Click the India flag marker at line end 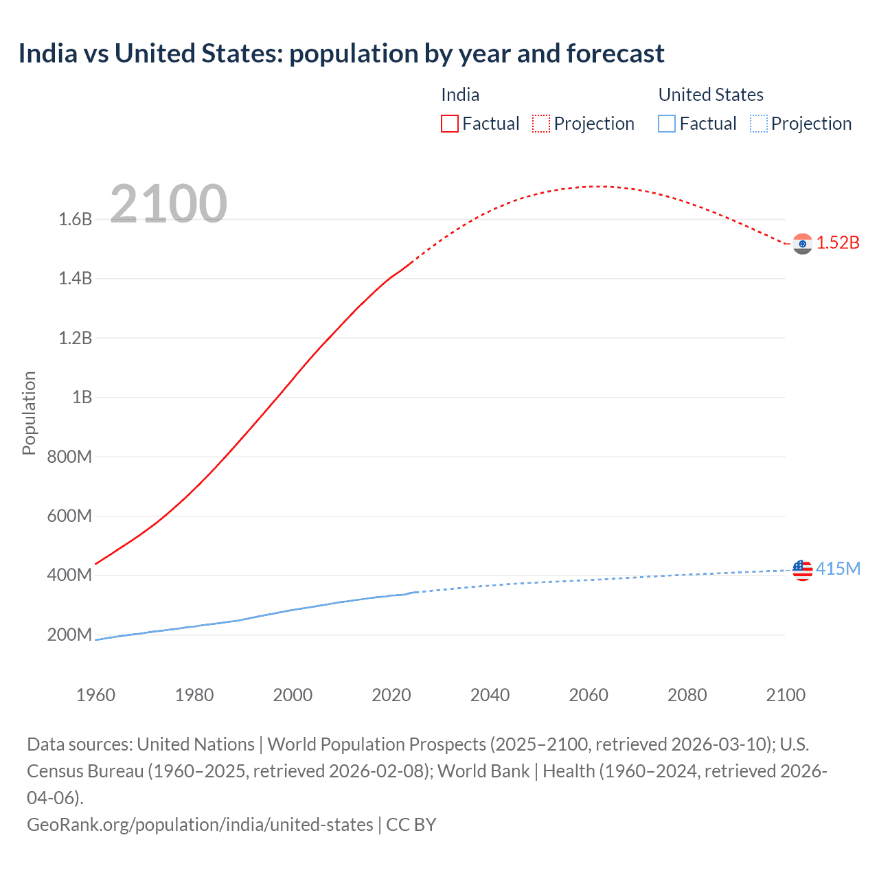[x=802, y=244]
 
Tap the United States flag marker [x=802, y=570]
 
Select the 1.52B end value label [x=838, y=243]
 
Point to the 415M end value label [x=838, y=569]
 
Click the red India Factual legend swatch [x=450, y=124]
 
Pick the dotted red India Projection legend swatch [x=541, y=124]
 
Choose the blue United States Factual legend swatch [x=667, y=124]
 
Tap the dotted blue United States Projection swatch [x=758, y=124]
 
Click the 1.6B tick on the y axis [x=75, y=220]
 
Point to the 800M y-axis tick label [x=69, y=457]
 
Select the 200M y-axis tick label [x=69, y=635]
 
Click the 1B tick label [x=82, y=398]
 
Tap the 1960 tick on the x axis [x=96, y=695]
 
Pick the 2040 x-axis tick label [x=490, y=695]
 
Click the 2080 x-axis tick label [x=687, y=695]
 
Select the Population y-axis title [x=29, y=413]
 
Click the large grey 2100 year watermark [x=168, y=204]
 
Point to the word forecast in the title [x=615, y=54]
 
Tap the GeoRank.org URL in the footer [x=200, y=825]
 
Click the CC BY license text [x=411, y=825]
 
